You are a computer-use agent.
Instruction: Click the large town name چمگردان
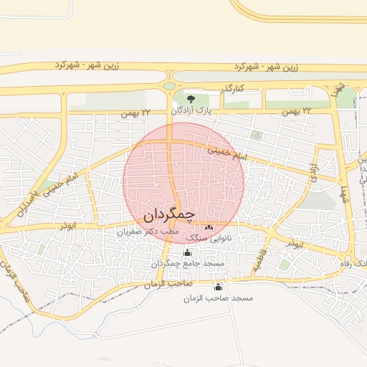tap(169, 214)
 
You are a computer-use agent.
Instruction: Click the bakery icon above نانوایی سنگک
tap(209, 227)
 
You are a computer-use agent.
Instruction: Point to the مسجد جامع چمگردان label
tap(188, 264)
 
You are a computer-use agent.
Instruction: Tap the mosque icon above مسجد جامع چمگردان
tap(188, 252)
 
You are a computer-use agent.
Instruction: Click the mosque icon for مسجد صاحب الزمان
tap(218, 287)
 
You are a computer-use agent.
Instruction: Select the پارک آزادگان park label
tap(192, 111)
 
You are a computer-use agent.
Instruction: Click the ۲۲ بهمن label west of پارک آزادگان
tap(135, 113)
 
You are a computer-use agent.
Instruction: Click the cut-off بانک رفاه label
tap(353, 264)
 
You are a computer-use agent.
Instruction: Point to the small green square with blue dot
tap(257, 134)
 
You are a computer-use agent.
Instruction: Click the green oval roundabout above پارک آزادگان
tap(170, 86)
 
